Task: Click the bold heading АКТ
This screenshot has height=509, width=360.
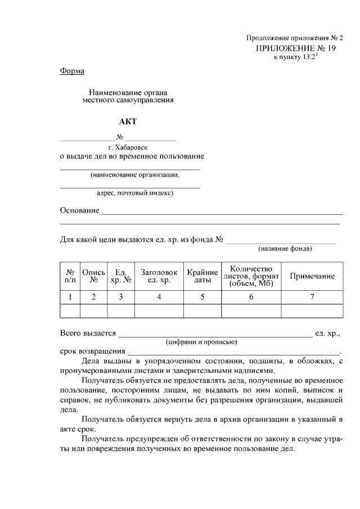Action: click(x=128, y=121)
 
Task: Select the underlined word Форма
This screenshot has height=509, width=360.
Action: click(x=72, y=71)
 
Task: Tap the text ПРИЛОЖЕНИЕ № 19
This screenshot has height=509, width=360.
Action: click(x=295, y=48)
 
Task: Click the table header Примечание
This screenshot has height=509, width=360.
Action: click(x=312, y=276)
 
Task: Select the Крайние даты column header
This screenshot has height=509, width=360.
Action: click(x=202, y=276)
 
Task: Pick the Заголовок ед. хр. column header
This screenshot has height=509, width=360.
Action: click(x=159, y=276)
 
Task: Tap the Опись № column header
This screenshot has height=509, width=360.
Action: click(x=94, y=276)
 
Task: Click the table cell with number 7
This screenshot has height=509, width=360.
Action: click(x=312, y=297)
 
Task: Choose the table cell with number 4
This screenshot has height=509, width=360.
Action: click(x=159, y=297)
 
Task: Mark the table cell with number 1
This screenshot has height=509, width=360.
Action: click(x=70, y=297)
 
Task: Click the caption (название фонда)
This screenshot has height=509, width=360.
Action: click(x=285, y=248)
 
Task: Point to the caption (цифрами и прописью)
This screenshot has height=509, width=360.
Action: click(x=201, y=341)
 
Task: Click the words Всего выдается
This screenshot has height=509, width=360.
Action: click(x=88, y=334)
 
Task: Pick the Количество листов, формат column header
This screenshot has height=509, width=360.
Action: click(x=251, y=276)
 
